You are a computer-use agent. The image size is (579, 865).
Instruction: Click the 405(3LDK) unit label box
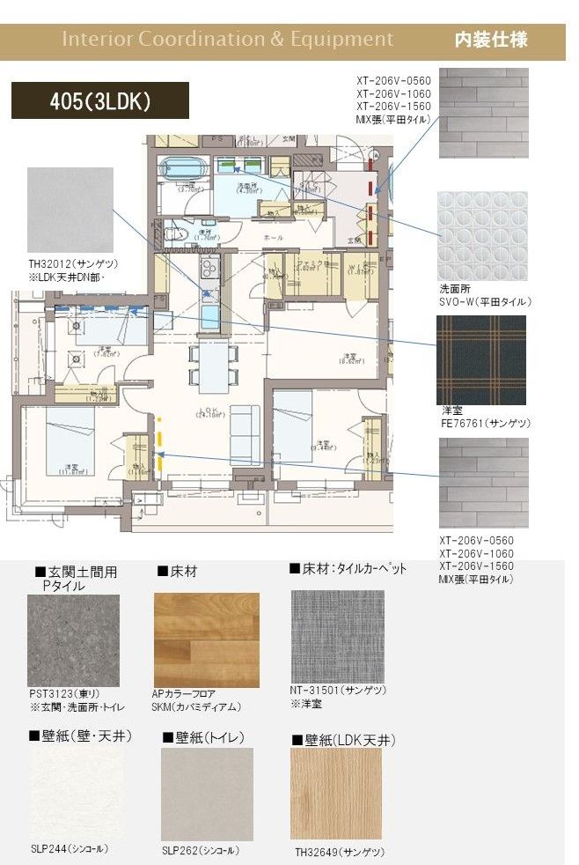(99, 100)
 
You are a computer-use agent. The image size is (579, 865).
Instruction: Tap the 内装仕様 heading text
(490, 40)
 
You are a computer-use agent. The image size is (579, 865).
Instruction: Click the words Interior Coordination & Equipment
(227, 40)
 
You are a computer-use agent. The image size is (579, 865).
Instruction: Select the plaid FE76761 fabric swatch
(482, 359)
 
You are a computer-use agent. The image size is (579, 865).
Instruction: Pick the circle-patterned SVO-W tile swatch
(482, 235)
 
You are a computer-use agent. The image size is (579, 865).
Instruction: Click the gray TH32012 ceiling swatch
(70, 211)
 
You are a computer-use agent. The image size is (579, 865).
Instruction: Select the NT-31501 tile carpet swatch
(337, 636)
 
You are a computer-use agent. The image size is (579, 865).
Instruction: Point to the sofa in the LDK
(245, 434)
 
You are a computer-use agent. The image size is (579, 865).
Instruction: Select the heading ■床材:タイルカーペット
(348, 569)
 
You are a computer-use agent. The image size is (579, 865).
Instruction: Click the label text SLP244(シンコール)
(70, 849)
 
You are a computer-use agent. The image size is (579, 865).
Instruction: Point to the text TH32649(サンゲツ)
(340, 853)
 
